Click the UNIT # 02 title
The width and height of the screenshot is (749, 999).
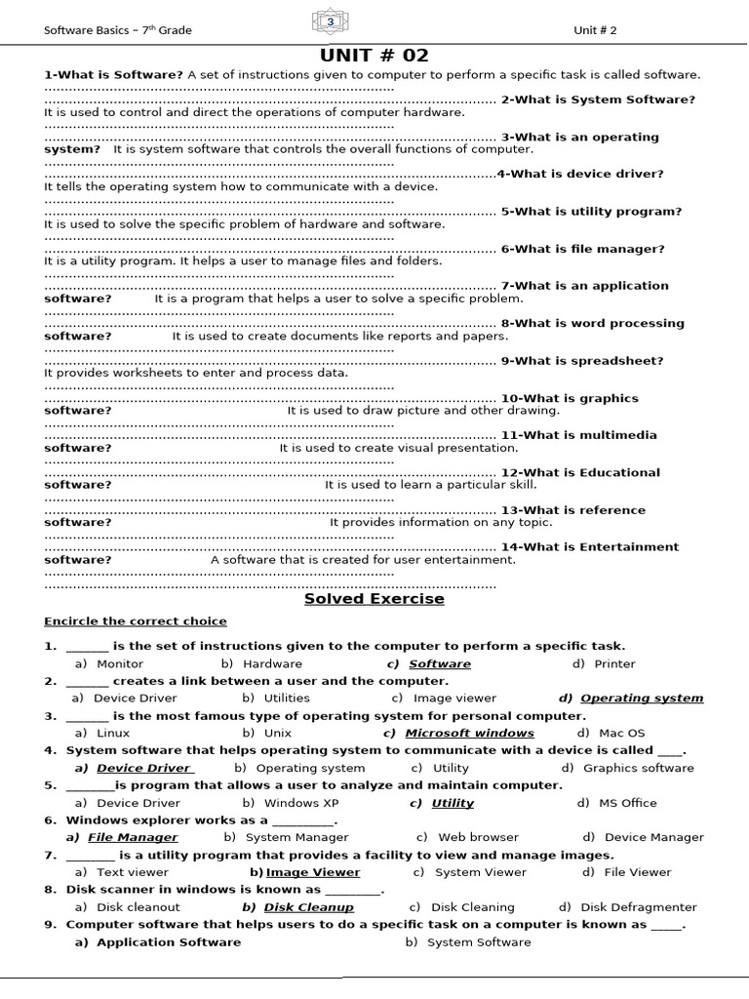(374, 56)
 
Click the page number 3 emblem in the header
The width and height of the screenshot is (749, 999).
(330, 22)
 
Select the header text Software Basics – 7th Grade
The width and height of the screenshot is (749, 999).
(118, 30)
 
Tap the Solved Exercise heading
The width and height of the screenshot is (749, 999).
(374, 599)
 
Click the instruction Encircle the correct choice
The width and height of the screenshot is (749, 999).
(136, 621)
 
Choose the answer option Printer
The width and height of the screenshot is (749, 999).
(614, 664)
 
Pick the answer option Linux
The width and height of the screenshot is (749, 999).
(113, 734)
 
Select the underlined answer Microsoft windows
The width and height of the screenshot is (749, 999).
(469, 734)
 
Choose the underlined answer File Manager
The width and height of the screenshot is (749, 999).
(133, 838)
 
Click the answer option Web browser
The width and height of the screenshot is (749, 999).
(479, 838)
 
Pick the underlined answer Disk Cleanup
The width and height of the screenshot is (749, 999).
(309, 907)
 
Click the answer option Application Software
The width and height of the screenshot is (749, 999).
(168, 942)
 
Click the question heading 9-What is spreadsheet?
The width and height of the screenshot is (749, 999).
(582, 361)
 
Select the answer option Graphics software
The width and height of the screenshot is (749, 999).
(639, 769)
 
